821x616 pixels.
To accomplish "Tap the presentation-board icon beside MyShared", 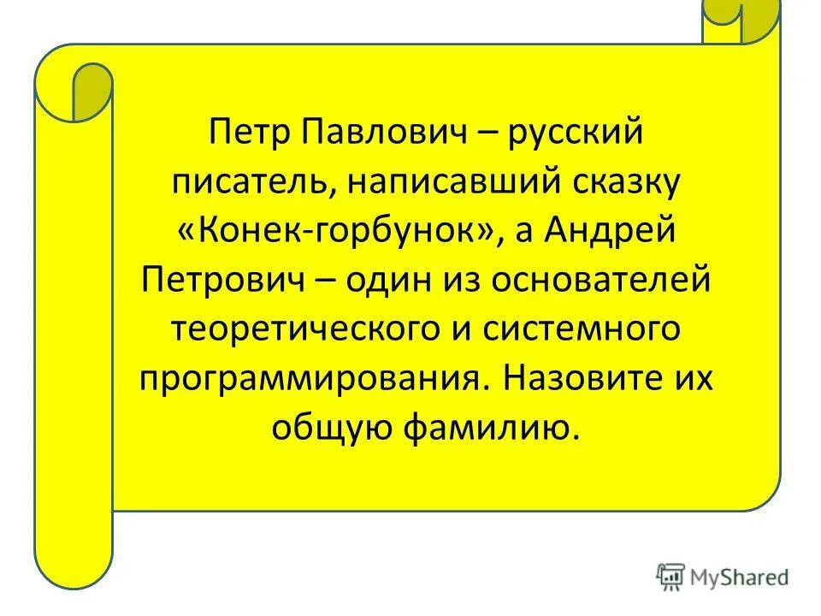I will coord(671,576).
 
